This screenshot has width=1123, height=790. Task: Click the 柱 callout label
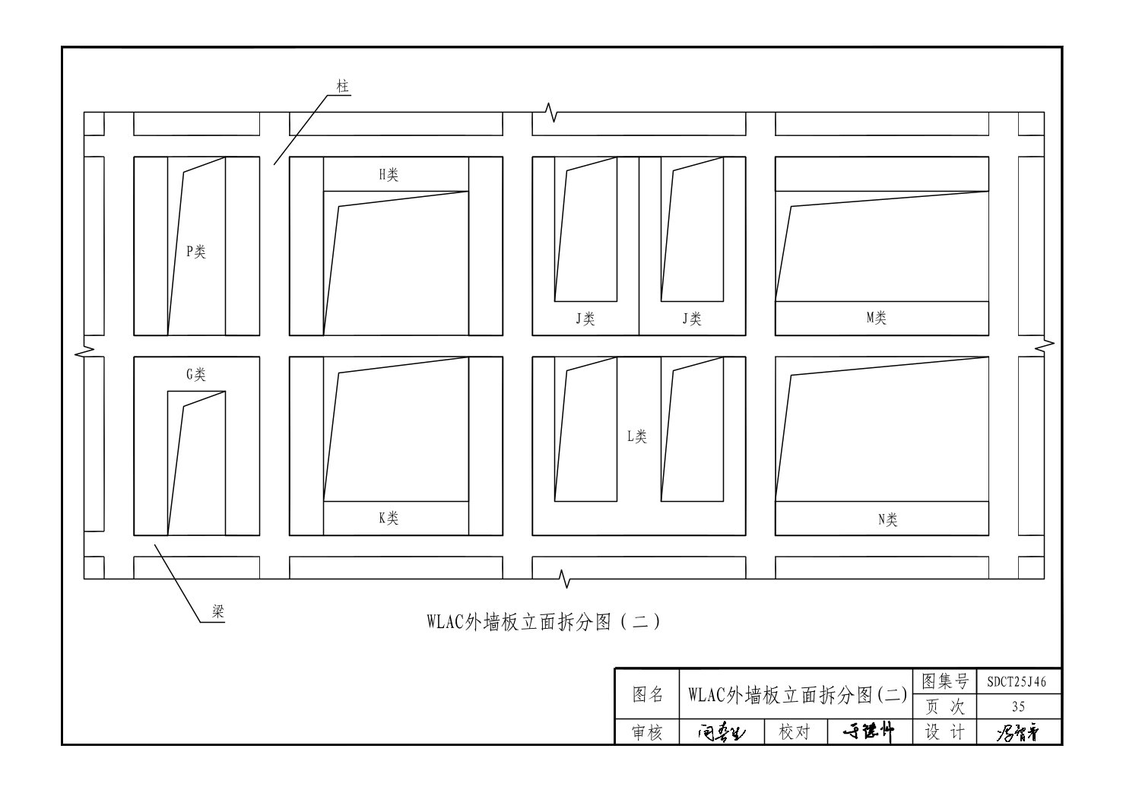343,86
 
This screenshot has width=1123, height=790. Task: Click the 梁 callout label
218,612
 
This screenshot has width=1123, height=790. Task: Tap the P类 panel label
196,252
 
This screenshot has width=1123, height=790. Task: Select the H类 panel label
389,175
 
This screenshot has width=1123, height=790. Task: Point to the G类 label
196,374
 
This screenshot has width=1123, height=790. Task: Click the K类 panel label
389,519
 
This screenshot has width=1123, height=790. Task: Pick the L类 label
637,436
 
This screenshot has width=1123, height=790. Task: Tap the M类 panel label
877,319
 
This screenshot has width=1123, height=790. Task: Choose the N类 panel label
887,520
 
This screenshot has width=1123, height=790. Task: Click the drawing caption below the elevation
544,622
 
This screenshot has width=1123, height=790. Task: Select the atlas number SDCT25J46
1017,682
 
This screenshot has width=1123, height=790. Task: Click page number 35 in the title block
1018,706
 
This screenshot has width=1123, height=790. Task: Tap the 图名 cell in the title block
648,694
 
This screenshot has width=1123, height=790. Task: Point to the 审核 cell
648,732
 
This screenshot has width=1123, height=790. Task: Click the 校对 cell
795,732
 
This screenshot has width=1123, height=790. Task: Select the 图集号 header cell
944,681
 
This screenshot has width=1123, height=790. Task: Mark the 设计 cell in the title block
944,732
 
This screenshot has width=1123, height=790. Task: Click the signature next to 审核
722,732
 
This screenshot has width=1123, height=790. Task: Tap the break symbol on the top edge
553,114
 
